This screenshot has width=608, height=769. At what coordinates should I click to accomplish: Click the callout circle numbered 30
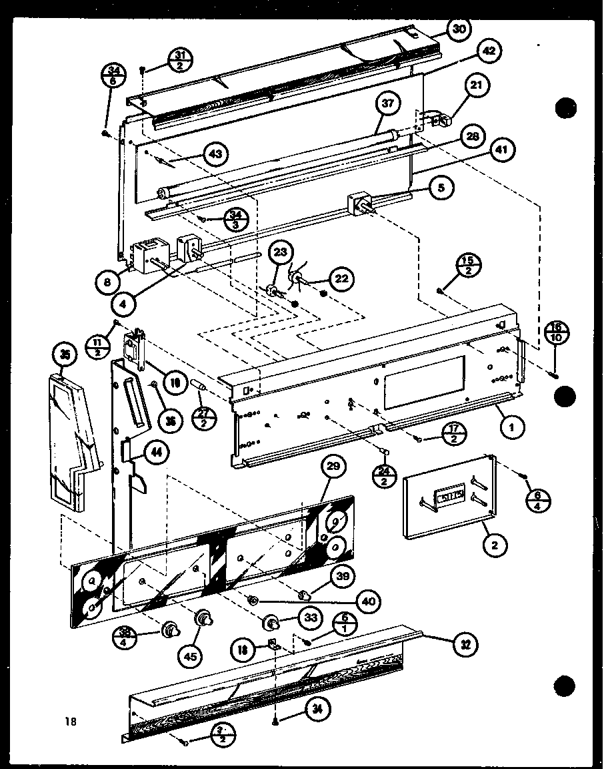coord(459,29)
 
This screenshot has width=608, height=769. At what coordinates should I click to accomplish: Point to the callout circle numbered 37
coord(388,104)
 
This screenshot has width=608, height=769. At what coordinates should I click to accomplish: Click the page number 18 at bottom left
coord(71,720)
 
